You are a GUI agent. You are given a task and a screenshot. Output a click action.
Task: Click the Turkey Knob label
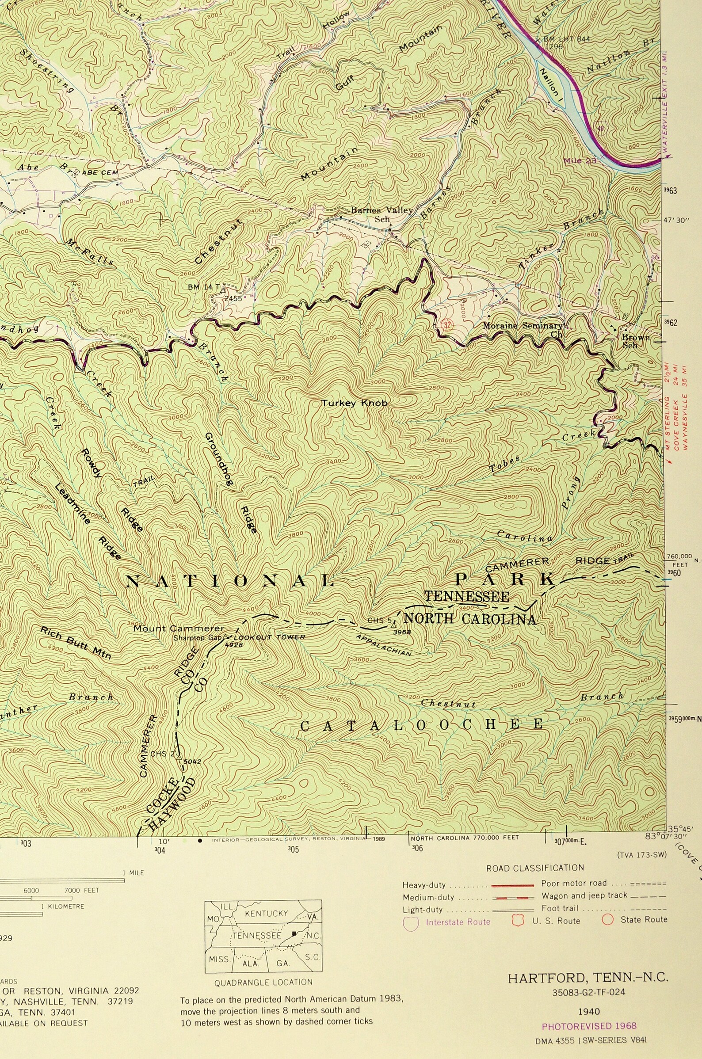click(x=354, y=403)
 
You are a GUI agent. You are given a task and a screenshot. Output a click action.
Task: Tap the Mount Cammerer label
click(x=179, y=629)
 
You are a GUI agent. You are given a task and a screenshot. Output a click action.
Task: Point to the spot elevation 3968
click(x=402, y=632)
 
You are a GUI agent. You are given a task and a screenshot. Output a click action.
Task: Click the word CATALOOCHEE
click(x=421, y=725)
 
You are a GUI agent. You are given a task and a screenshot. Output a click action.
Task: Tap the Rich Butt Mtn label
click(x=76, y=643)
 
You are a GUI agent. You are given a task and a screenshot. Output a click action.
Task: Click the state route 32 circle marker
click(x=446, y=324)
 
